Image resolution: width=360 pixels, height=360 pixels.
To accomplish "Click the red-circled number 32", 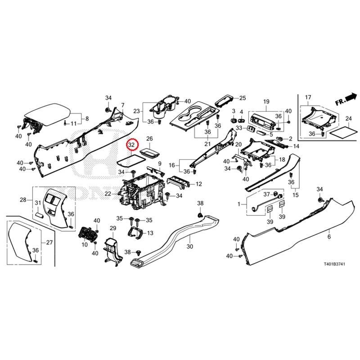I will (x=131, y=145).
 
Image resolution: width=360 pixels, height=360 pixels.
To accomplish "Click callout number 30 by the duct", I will (x=189, y=247).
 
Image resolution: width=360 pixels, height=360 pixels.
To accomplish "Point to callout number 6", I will (x=329, y=237).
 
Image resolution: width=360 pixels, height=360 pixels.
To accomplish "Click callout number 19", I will (x=266, y=101).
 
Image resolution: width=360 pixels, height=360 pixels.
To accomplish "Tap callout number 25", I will (x=243, y=98).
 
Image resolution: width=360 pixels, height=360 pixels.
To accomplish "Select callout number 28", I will (x=23, y=199).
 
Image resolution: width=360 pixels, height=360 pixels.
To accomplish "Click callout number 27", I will (x=49, y=243).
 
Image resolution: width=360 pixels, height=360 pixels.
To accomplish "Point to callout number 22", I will (x=108, y=193).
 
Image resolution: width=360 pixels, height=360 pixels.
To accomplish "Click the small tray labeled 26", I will (x=149, y=152).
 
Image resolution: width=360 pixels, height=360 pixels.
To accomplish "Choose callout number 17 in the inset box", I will (x=308, y=98).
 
